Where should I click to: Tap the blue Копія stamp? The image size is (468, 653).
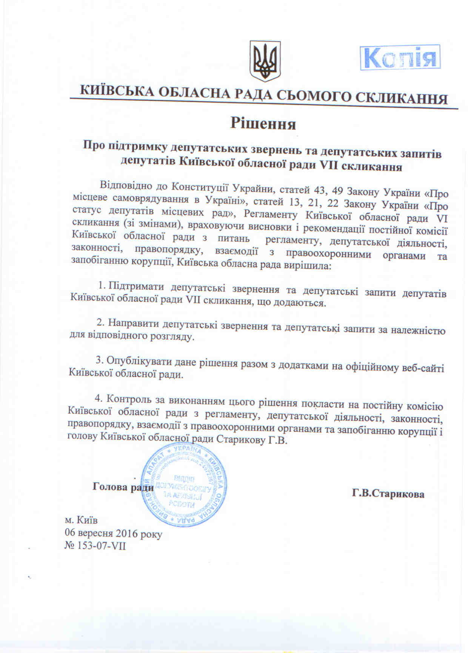[400, 57]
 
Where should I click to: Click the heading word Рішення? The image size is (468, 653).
[263, 124]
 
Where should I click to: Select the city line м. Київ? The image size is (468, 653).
[81, 520]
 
